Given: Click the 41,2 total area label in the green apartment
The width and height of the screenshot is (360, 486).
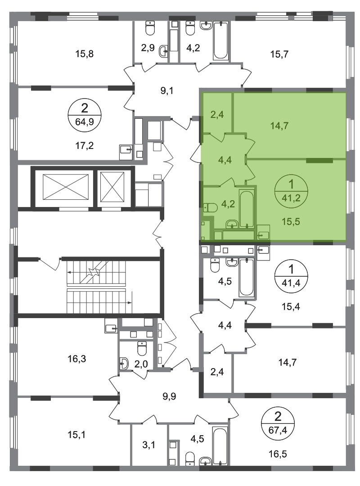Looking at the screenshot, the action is coord(291,198).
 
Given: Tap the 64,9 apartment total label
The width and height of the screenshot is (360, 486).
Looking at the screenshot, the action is coord(84,121).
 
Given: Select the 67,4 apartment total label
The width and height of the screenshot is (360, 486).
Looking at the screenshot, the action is coord(278,430).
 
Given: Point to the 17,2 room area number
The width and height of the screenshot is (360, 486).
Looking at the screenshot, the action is coord(84,145).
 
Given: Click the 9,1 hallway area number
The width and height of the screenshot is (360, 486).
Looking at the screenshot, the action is coord(167,91).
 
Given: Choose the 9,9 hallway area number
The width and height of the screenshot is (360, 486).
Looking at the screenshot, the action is coord(169,396).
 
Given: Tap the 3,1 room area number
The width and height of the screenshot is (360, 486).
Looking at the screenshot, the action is coord(149,445).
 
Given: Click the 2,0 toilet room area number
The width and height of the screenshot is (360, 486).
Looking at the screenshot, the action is coord(141,364).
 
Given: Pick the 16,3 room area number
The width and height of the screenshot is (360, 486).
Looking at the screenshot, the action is coord(77,359).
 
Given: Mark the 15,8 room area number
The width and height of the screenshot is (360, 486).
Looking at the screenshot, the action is coord(84,54).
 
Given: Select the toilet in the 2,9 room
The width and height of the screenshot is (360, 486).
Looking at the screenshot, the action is coord(150,29).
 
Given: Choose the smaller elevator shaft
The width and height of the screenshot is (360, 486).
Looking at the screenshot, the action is coord(112,187).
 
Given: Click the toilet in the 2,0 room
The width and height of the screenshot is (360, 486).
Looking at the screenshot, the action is coord(142,348).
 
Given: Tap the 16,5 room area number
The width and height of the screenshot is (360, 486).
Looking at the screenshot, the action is coord(278,454).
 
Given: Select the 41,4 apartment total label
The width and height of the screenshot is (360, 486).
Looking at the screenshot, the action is coord(291,282).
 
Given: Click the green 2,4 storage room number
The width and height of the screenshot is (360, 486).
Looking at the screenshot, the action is coord(217,115).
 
